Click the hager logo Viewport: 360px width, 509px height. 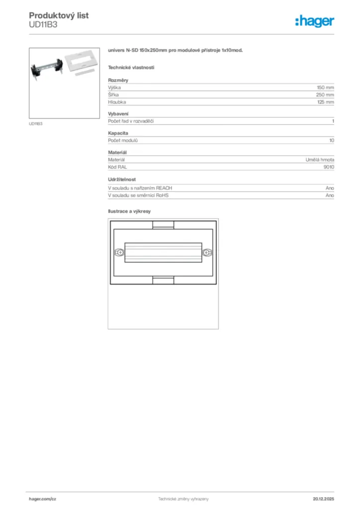[x=314, y=21]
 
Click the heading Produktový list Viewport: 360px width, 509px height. [x=59, y=15]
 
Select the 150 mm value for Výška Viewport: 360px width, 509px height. [x=325, y=87]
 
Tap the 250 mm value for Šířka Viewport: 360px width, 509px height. [x=325, y=94]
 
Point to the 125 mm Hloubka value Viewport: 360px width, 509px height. [x=325, y=102]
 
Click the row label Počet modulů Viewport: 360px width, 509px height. [x=122, y=141]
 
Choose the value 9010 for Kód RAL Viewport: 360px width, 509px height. [x=328, y=167]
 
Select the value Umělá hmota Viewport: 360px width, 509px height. [x=320, y=160]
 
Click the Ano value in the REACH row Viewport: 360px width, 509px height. [x=330, y=188]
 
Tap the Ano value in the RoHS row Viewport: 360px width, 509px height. [x=330, y=195]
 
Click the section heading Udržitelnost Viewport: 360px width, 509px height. [x=122, y=179]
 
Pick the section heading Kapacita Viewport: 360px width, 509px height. [x=118, y=133]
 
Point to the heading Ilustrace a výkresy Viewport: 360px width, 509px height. [x=129, y=211]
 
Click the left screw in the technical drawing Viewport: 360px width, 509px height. [x=119, y=253]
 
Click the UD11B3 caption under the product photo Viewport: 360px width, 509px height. [x=35, y=124]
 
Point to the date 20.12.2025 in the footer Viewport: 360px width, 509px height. [x=323, y=499]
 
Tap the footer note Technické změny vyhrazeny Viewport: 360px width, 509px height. [x=183, y=499]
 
